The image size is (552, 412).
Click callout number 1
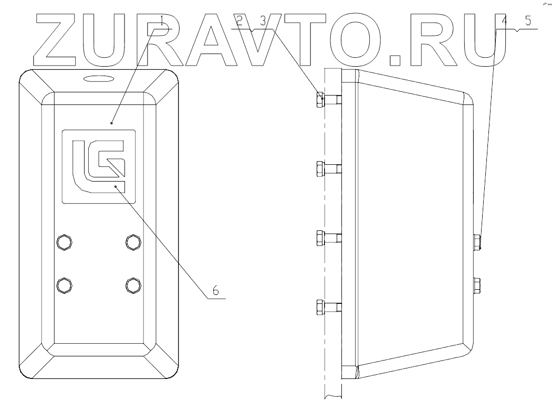(163, 22)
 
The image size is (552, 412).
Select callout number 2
(239, 22)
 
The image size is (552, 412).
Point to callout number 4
(504, 22)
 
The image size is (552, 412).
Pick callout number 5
(528, 22)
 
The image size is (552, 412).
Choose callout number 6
(215, 290)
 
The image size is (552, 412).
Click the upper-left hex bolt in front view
(64, 241)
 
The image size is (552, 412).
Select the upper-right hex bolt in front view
(133, 241)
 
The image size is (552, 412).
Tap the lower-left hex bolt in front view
(64, 284)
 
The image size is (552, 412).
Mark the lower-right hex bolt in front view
(133, 284)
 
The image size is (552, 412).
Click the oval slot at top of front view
(99, 78)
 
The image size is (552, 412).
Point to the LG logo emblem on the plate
(99, 166)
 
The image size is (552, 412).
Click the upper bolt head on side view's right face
(477, 241)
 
